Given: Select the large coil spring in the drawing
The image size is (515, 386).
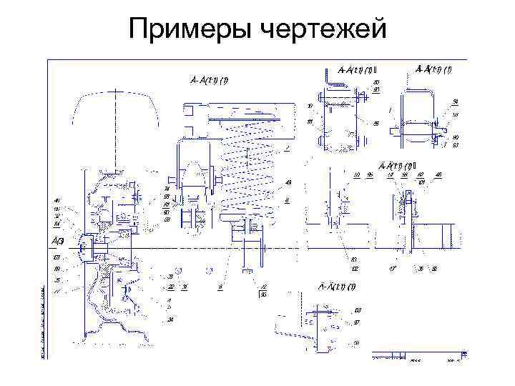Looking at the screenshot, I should tap(247, 165).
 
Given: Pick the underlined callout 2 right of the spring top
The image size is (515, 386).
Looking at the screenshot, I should tap(286, 148).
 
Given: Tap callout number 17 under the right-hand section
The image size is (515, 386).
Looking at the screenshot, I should tap(392, 269).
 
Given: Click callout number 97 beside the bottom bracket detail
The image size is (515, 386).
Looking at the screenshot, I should tap(357, 322).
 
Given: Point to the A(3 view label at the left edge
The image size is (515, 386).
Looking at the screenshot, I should tap(57, 239).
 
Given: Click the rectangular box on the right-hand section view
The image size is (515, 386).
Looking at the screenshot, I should tap(435, 236).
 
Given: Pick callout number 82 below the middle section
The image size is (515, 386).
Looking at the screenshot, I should tap(355, 268).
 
